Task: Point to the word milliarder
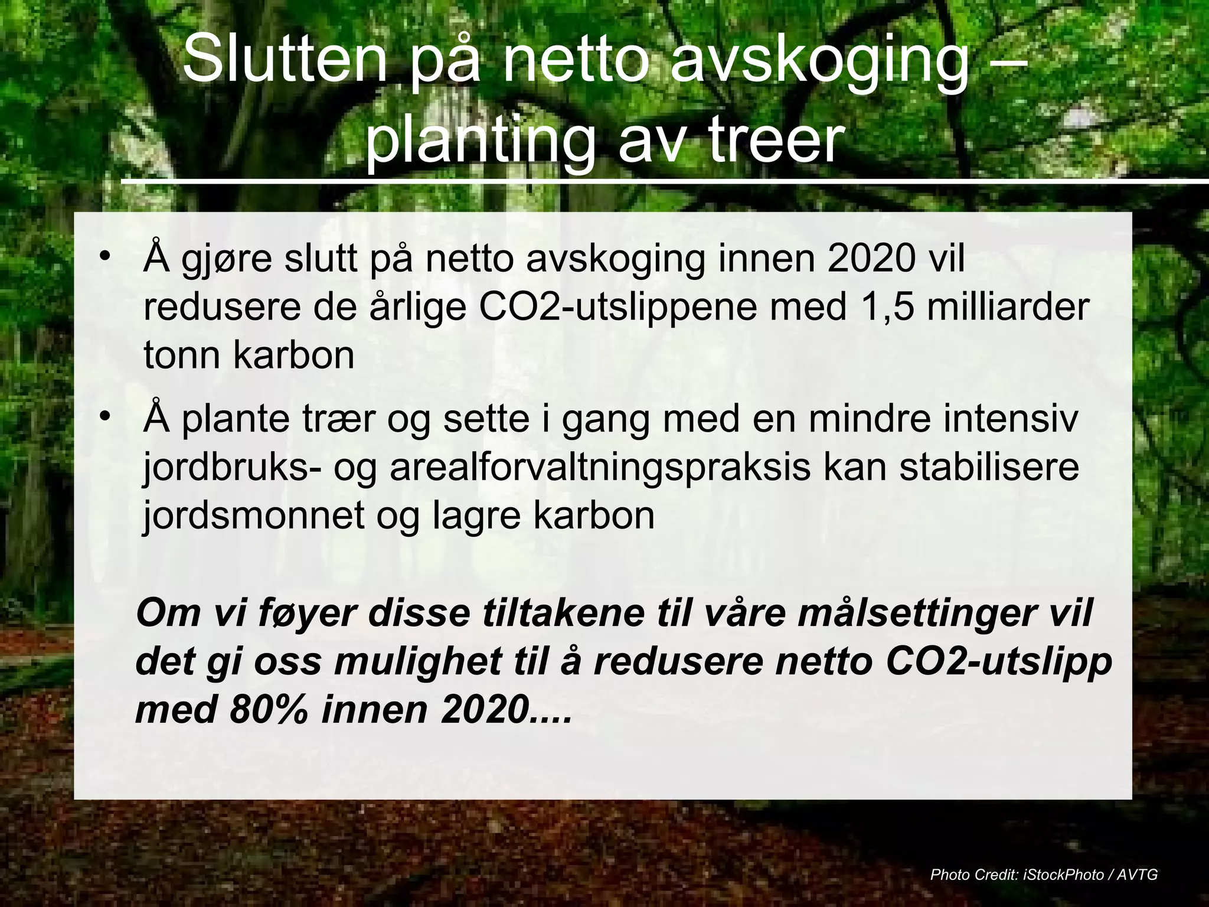pyautogui.click(x=1008, y=308)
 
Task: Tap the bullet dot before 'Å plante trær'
pyautogui.click(x=105, y=417)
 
